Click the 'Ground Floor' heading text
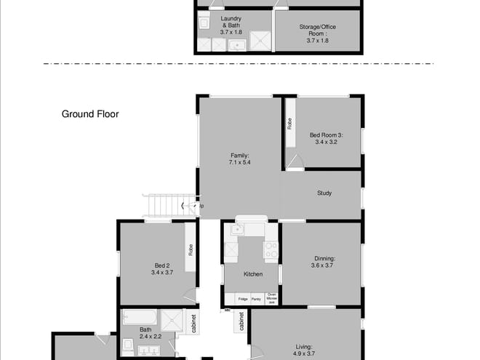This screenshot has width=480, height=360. pyautogui.click(x=90, y=114)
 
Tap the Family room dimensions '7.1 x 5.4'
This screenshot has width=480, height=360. pyautogui.click(x=239, y=163)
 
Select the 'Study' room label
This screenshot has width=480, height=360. pyautogui.click(x=324, y=193)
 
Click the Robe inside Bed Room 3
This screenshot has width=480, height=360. pyautogui.click(x=289, y=124)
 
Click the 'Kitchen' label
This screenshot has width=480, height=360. pyautogui.click(x=253, y=274)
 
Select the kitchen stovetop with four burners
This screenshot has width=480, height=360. pyautogui.click(x=271, y=251)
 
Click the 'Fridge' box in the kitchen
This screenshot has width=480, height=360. pyautogui.click(x=243, y=299)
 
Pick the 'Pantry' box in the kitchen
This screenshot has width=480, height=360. pyautogui.click(x=256, y=299)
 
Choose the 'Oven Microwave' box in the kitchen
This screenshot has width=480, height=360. pyautogui.click(x=272, y=298)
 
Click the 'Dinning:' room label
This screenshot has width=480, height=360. pyautogui.click(x=324, y=258)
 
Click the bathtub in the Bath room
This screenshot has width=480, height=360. pyautogui.click(x=140, y=319)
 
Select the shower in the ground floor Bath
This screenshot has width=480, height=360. pyautogui.click(x=171, y=319)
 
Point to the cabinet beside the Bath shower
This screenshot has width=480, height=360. pyautogui.click(x=194, y=324)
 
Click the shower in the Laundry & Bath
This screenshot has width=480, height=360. pyautogui.click(x=260, y=41)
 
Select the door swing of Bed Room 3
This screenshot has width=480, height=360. pyautogui.click(x=295, y=163)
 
